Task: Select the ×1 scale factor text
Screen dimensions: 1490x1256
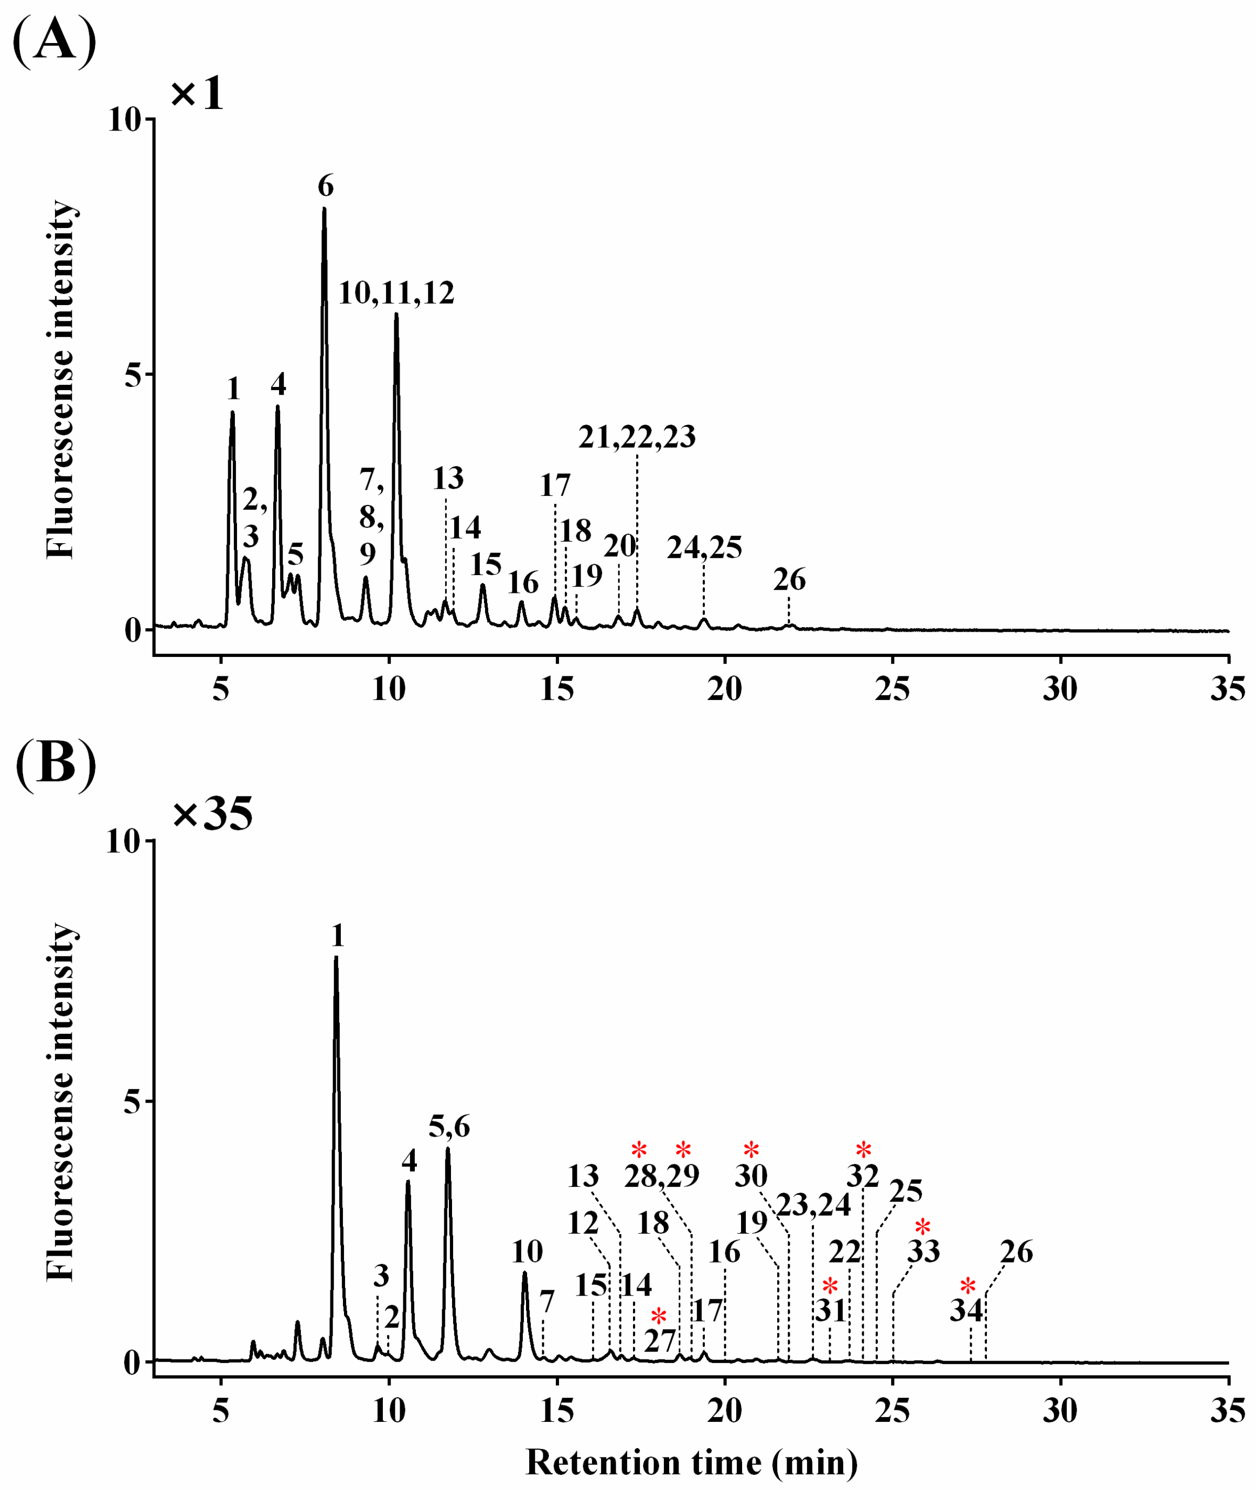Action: [197, 93]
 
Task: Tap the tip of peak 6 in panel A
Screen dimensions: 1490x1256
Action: [324, 209]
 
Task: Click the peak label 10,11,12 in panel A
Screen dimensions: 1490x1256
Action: [396, 293]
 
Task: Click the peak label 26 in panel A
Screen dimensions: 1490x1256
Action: [789, 580]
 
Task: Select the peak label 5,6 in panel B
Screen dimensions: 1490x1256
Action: [449, 1127]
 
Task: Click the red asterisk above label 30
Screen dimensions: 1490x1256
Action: [751, 1150]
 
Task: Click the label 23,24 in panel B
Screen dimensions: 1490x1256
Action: [813, 1205]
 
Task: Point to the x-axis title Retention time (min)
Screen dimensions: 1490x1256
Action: [691, 1462]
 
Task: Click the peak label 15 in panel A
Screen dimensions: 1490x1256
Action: [486, 565]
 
